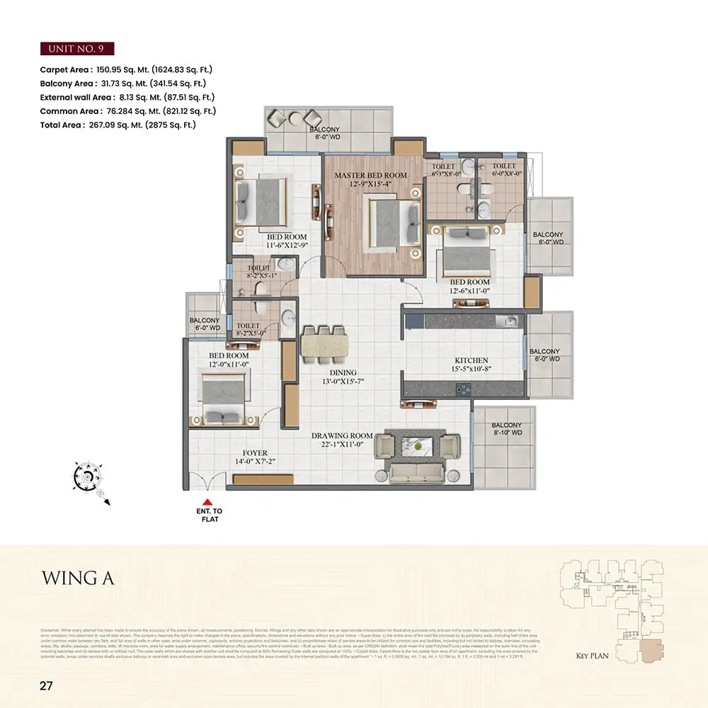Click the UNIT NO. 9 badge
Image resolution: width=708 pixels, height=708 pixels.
pos(77,49)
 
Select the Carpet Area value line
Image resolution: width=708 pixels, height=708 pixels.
pos(127,69)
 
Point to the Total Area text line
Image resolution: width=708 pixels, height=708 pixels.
pos(118,125)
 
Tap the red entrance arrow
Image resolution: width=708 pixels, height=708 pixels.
pos(207,502)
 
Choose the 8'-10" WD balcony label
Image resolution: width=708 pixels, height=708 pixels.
pos(506,429)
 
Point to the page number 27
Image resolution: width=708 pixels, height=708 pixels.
pos(47,685)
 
